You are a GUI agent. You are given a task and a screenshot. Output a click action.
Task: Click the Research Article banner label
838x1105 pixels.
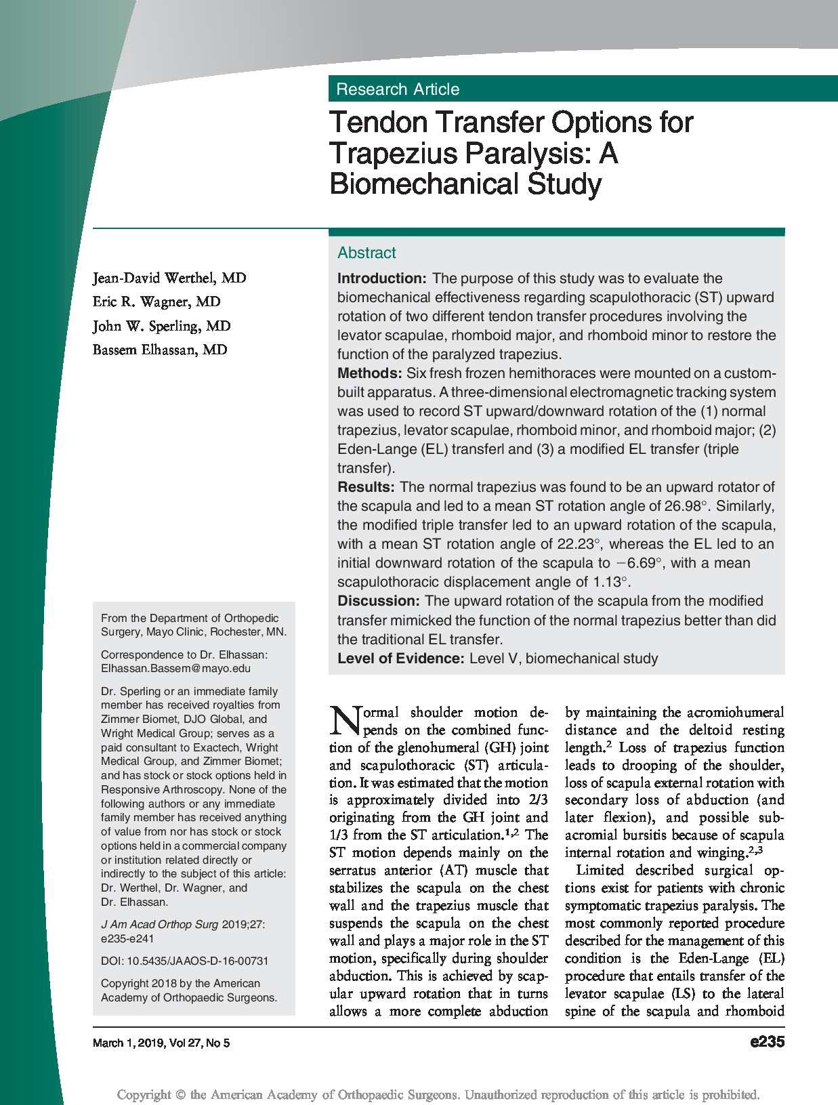click(398, 89)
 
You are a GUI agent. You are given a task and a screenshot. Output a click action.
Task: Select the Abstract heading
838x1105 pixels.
click(366, 253)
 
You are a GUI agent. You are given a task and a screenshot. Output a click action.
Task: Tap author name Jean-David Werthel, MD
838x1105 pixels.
click(169, 278)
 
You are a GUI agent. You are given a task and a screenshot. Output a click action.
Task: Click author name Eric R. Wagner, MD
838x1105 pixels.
click(156, 302)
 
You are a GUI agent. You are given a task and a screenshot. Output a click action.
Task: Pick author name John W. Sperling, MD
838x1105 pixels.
click(162, 326)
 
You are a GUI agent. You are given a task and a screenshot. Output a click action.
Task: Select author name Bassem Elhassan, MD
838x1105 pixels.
click(160, 350)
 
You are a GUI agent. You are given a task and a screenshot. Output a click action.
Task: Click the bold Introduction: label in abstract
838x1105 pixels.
click(381, 278)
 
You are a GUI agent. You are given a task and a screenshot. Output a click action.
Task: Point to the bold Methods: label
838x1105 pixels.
click(369, 373)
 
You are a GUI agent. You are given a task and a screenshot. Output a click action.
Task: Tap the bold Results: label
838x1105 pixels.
click(366, 487)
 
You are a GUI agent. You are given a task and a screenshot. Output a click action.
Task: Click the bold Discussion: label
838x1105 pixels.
click(379, 601)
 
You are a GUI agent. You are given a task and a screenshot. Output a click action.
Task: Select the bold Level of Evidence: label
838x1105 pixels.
click(400, 659)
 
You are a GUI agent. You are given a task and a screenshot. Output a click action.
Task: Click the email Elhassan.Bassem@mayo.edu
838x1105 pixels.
click(175, 669)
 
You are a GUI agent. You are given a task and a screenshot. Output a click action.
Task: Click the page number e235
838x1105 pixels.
click(767, 1042)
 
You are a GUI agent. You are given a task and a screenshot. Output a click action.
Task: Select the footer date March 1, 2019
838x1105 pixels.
click(128, 1043)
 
